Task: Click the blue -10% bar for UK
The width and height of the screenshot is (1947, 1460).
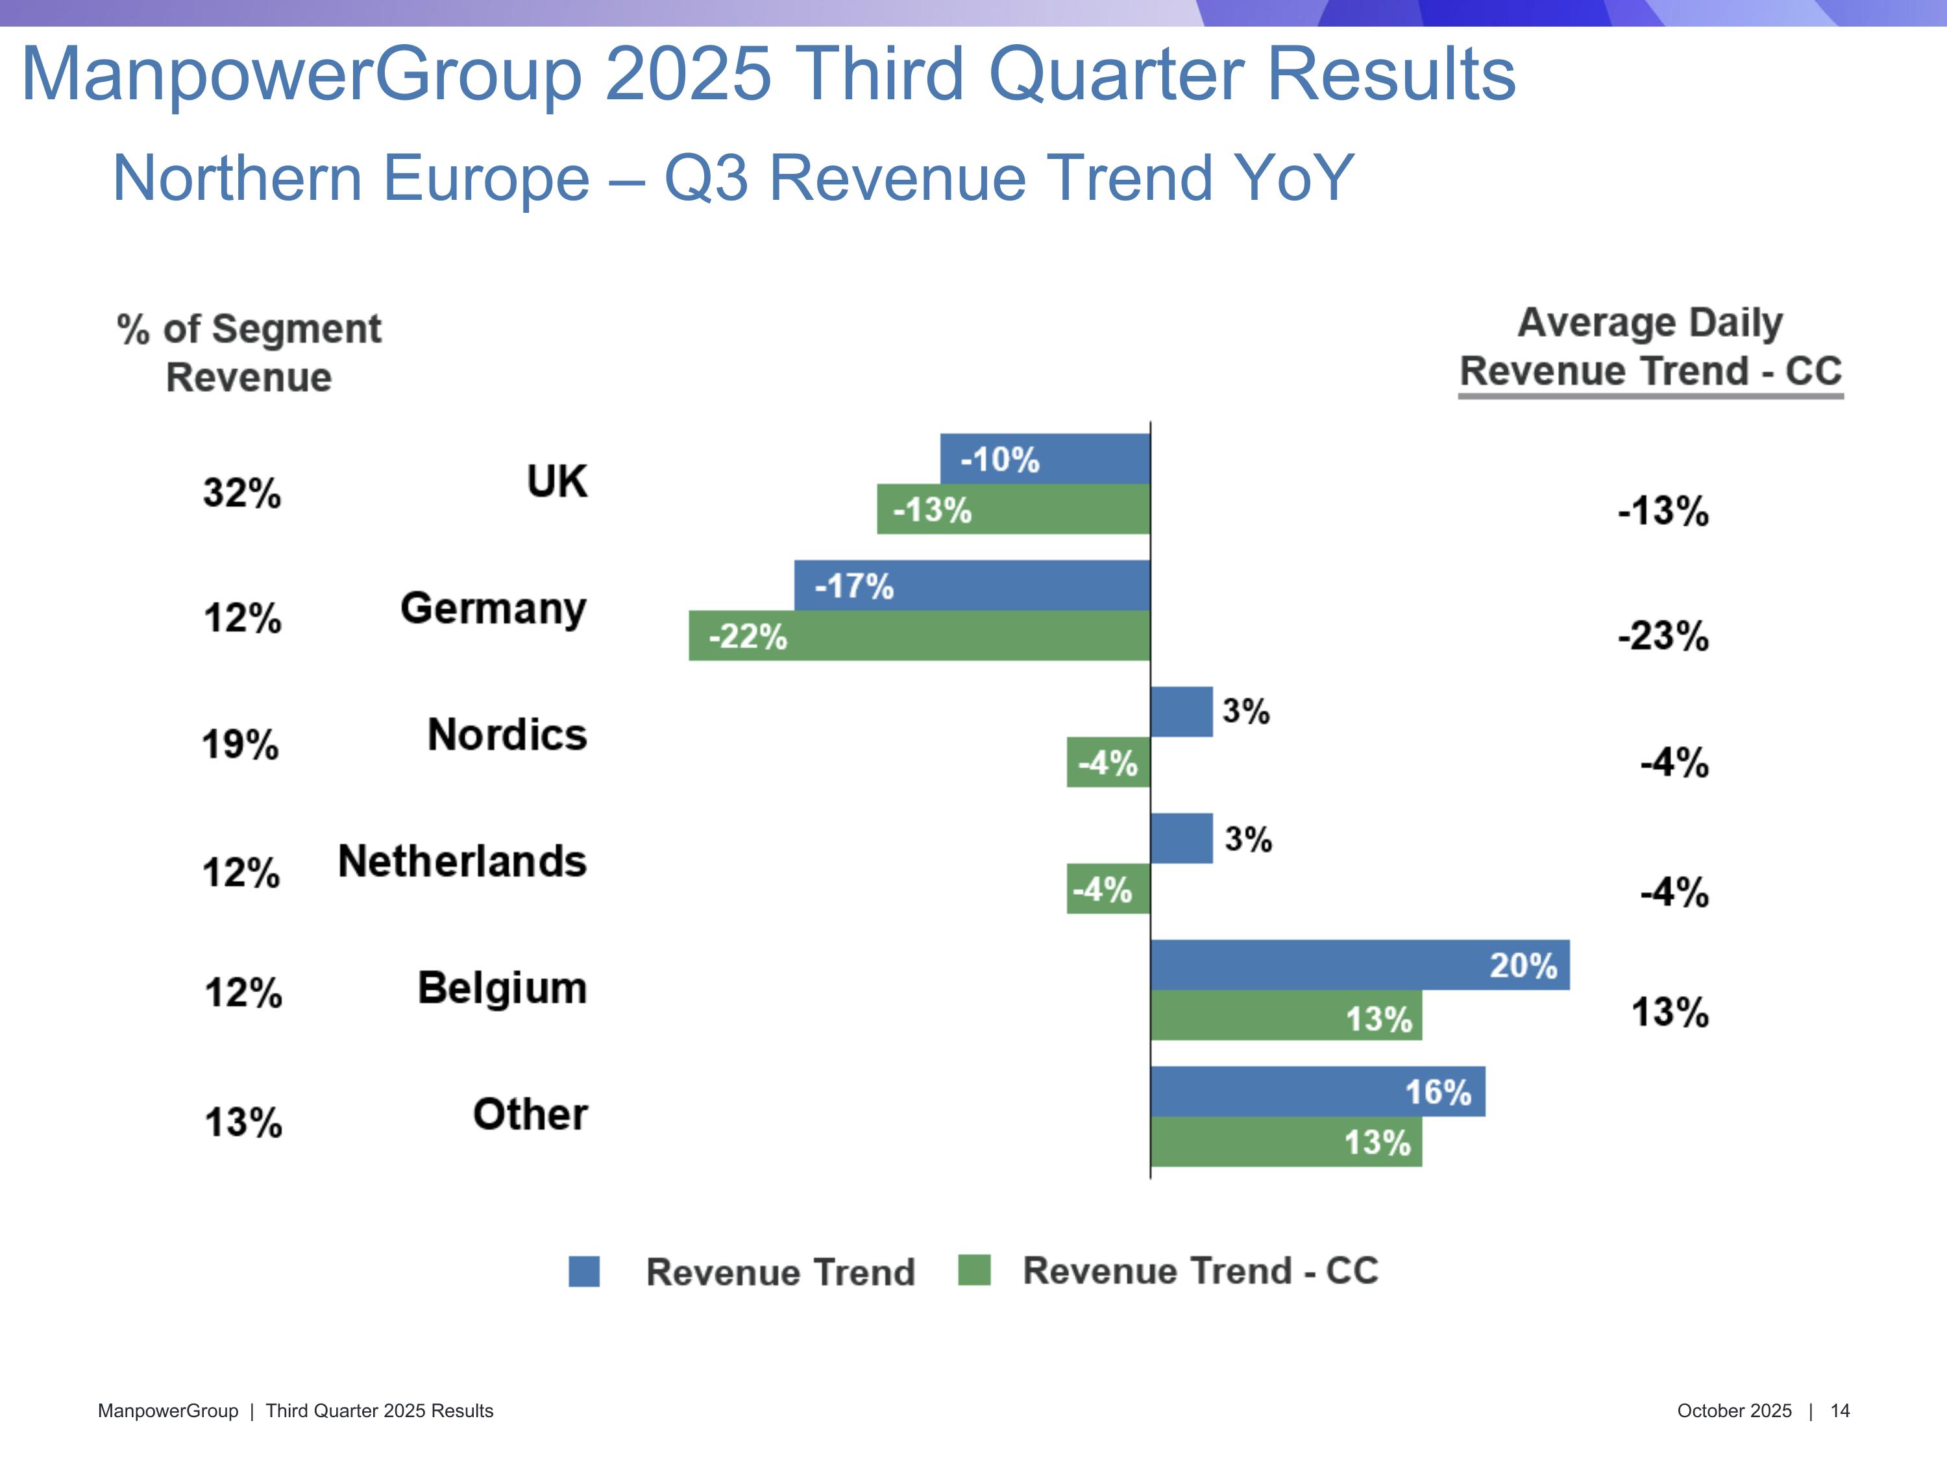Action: click(1045, 459)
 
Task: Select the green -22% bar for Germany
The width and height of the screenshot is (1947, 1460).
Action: click(919, 635)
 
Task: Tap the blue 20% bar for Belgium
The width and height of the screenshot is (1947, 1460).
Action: click(1359, 964)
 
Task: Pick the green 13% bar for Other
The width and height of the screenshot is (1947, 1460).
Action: click(1286, 1142)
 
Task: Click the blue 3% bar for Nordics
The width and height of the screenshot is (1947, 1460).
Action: click(1181, 712)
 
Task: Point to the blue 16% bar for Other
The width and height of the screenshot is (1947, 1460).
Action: click(1317, 1091)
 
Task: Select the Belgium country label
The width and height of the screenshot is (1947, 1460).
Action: click(502, 988)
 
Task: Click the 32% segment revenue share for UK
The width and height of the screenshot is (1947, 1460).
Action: click(242, 493)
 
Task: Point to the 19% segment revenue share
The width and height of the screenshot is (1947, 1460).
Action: click(240, 744)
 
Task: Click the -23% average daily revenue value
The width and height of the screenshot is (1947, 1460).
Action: click(1663, 635)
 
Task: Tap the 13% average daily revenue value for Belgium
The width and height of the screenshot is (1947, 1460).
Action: click(1670, 1012)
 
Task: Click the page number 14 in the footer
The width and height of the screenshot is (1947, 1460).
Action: click(1840, 1411)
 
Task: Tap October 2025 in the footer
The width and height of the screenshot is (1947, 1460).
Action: click(1734, 1411)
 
